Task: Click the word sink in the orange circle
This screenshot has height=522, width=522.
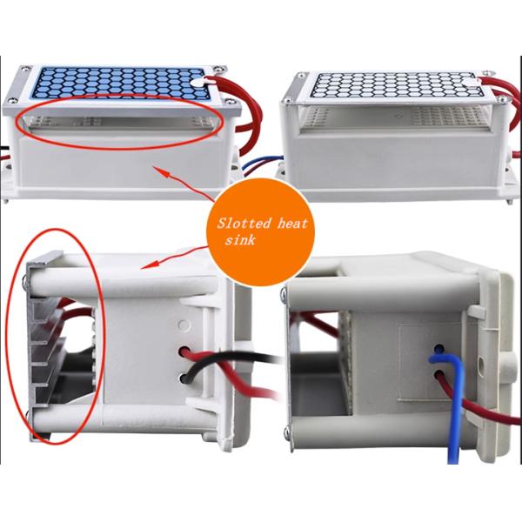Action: [240, 239]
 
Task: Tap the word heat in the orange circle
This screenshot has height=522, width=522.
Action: [291, 223]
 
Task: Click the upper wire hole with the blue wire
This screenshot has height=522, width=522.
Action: [439, 349]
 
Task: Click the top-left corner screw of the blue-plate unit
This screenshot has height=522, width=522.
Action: [25, 70]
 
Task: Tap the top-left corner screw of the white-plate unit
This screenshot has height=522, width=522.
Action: [301, 76]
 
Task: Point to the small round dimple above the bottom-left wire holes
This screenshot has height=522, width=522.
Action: [183, 325]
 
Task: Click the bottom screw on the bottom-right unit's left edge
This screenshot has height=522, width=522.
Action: [286, 432]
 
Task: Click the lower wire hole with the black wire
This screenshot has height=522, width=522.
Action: [184, 378]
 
